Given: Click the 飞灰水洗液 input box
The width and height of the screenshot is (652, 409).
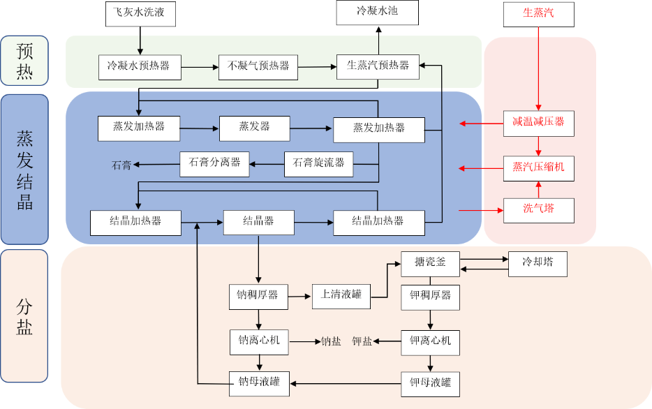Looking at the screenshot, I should (x=140, y=13).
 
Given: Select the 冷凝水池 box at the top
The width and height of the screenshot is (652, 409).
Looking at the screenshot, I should (x=377, y=12).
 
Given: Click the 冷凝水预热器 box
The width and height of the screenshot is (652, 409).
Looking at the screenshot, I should (x=139, y=66).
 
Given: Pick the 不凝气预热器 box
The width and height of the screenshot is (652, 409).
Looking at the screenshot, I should (x=258, y=66).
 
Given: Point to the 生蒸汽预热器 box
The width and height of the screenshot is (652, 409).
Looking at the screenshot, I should (x=378, y=66).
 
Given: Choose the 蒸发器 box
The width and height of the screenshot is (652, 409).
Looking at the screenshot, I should (x=254, y=127).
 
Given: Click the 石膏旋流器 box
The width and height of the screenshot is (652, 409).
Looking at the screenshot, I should (x=318, y=163).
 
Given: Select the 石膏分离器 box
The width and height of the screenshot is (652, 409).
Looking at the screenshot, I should (x=214, y=163).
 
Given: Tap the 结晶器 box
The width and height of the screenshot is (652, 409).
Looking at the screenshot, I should (x=258, y=222).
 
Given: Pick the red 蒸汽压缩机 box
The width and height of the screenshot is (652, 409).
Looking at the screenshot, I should (x=538, y=168).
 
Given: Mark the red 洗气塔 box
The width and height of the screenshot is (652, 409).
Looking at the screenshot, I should (x=538, y=210).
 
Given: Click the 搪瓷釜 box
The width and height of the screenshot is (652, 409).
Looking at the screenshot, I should (x=430, y=264).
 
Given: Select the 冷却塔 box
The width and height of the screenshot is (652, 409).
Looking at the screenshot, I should (x=537, y=264).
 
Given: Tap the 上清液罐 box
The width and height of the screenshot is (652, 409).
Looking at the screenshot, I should (x=341, y=295).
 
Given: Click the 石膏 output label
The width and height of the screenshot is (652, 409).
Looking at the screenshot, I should (x=121, y=165).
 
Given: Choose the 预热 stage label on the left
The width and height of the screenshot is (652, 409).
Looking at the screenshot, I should (x=24, y=61).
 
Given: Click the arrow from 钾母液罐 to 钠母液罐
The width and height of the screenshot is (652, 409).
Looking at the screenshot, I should (x=345, y=383).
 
